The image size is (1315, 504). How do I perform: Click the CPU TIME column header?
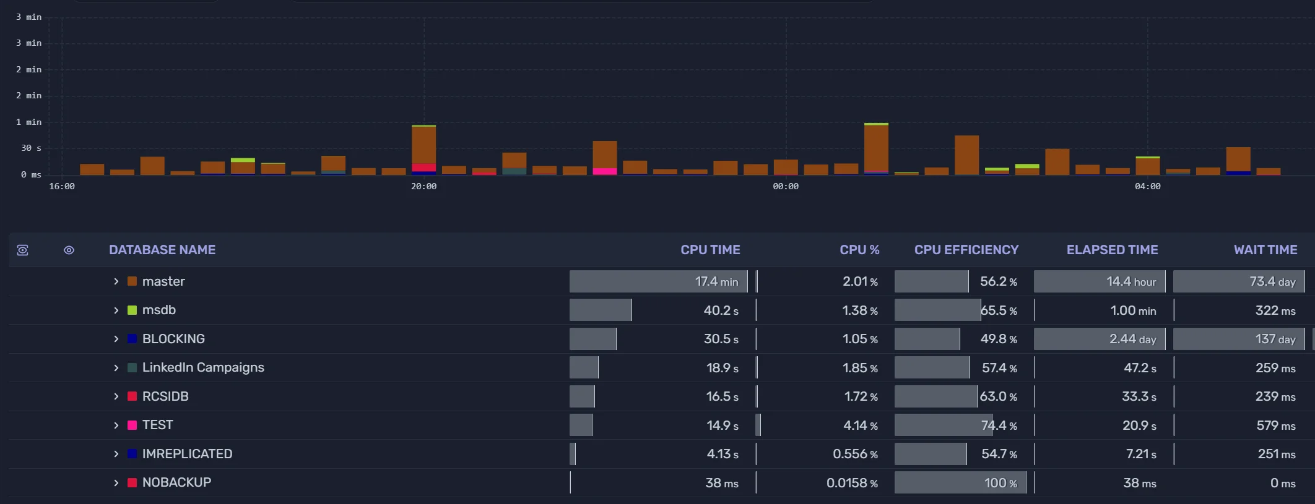(x=710, y=250)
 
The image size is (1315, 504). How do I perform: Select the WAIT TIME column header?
(x=1265, y=250)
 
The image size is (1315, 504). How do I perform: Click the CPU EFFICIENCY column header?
(x=966, y=250)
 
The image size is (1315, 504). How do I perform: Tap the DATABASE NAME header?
(x=162, y=250)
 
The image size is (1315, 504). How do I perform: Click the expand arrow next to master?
(x=116, y=281)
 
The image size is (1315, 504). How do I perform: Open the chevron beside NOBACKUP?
(x=116, y=483)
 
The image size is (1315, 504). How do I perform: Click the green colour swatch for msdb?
(x=132, y=310)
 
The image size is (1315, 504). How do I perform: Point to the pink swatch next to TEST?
(x=132, y=425)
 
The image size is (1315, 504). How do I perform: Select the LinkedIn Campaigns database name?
(x=203, y=367)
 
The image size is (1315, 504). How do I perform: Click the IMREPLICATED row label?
(x=187, y=454)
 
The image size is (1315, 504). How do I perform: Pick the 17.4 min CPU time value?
(x=716, y=281)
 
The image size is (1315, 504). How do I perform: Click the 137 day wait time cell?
(x=1275, y=339)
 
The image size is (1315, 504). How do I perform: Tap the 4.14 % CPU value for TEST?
(x=860, y=425)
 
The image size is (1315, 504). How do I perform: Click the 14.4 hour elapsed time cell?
(x=1131, y=281)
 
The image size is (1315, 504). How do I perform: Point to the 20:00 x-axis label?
(x=423, y=186)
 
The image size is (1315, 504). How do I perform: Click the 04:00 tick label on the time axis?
(x=1147, y=186)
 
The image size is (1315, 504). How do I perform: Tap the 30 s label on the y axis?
(x=31, y=148)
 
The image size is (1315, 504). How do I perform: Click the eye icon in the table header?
(x=69, y=250)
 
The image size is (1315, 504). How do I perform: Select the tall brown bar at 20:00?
(x=424, y=145)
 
